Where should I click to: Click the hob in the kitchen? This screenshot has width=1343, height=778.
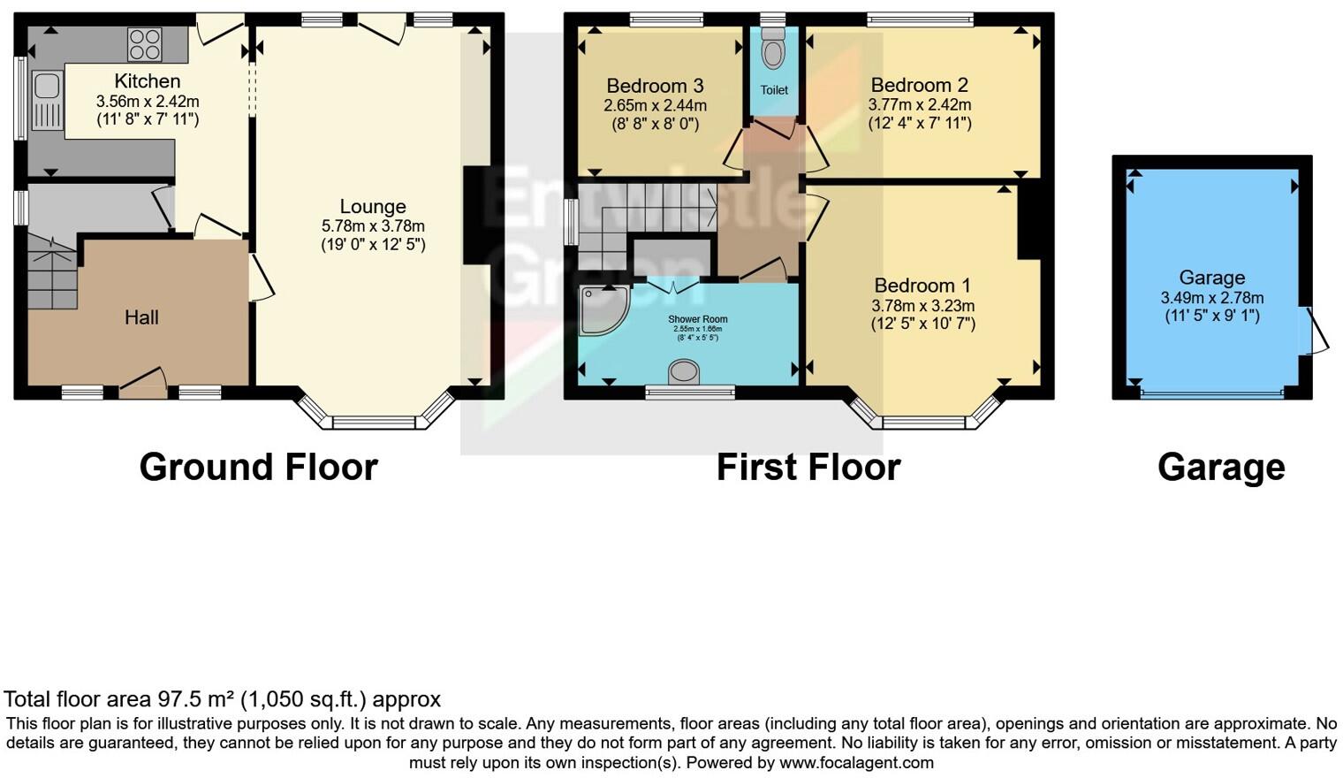pos(144,42)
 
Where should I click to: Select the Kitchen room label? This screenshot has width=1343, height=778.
pos(147,81)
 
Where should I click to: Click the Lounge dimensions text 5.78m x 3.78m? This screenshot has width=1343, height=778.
pos(373,226)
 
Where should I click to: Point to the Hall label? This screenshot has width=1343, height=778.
pos(141,317)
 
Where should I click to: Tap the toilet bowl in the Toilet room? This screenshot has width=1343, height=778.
pos(773,52)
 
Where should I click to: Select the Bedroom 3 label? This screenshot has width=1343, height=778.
pos(655,86)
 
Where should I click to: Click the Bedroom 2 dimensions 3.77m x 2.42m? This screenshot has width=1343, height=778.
pos(919,104)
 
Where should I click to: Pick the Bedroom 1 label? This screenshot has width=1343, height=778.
pos(922,286)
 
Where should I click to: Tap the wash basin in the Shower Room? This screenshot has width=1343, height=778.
pos(684,372)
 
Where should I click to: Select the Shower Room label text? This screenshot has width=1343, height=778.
pos(697,319)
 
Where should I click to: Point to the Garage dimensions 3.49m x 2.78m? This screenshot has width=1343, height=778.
pos(1211,298)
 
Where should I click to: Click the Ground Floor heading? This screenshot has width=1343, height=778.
pos(258,467)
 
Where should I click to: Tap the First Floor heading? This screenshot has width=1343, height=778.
pos(808,467)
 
